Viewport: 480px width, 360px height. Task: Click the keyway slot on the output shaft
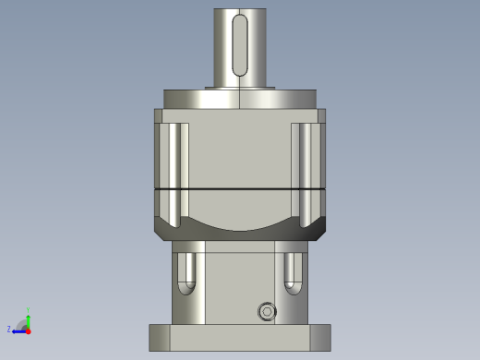click(240, 44)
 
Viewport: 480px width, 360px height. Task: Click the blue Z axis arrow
click(18, 329)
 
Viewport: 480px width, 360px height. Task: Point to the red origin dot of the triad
click(29, 329)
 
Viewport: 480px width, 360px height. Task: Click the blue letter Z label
click(9, 329)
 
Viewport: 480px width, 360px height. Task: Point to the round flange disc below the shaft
click(240, 98)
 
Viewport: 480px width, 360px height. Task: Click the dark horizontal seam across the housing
click(240, 188)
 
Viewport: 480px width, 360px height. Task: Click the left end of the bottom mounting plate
click(160, 337)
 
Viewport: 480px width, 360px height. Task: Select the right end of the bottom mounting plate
click(320, 337)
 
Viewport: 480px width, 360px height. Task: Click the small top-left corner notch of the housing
click(158, 115)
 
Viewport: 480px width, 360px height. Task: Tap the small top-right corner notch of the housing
click(323, 115)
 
